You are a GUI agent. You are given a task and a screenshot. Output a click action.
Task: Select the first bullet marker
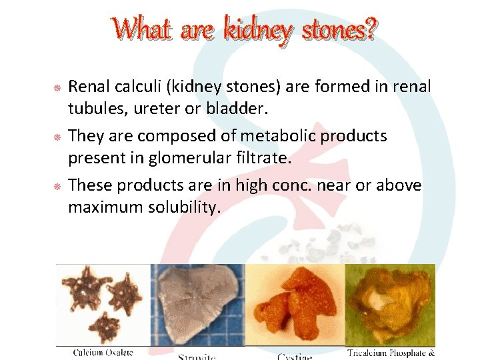coord(57,88)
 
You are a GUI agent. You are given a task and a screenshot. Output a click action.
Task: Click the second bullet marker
coord(57,137)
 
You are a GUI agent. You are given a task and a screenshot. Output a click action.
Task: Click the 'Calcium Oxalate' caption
coord(103,352)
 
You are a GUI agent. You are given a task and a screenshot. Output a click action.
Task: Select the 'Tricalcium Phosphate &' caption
coord(391,352)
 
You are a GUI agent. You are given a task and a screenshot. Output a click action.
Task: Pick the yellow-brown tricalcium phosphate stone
coord(389,304)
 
